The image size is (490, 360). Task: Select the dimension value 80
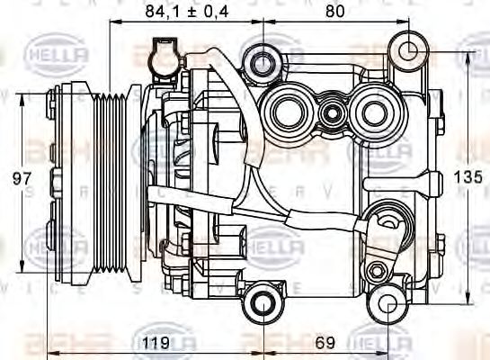[334, 13]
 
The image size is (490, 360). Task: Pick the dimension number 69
[325, 342]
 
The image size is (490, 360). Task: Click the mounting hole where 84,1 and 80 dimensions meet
[262, 62]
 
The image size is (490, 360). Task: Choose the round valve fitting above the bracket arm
[387, 219]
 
